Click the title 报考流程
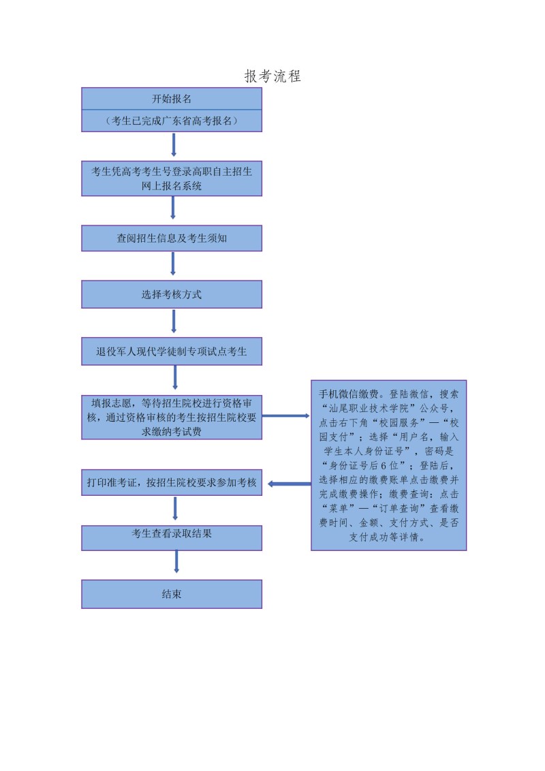[272, 76]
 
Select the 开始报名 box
[172, 99]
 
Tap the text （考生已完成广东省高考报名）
[172, 121]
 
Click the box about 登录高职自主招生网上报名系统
[172, 178]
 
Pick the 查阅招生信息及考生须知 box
[172, 238]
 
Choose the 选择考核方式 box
[172, 294]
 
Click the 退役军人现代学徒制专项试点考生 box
[172, 351]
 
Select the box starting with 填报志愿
[172, 417]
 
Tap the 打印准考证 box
[172, 482]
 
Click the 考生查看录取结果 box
[172, 538]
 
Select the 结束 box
[172, 594]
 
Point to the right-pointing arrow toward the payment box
[285, 416]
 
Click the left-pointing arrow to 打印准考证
[290, 484]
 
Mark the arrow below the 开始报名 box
[174, 144]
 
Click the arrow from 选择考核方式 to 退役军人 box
[174, 321]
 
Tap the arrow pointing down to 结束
[176, 561]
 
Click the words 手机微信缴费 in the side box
[349, 394]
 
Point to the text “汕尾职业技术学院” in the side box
[369, 408]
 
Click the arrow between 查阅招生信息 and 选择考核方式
[172, 264]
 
